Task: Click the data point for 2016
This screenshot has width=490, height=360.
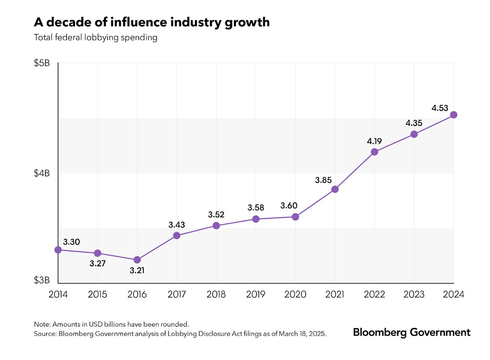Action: (x=137, y=260)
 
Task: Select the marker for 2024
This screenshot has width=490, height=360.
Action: (x=453, y=115)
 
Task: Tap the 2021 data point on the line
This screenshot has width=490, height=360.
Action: (x=335, y=189)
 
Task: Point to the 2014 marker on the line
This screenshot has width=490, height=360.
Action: (x=58, y=250)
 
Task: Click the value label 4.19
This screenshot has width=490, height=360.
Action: (x=374, y=141)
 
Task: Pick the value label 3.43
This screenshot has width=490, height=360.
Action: (x=177, y=225)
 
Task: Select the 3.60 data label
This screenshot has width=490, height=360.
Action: (x=289, y=205)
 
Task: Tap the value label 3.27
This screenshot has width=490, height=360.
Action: (x=98, y=263)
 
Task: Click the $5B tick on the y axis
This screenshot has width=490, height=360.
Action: (x=42, y=63)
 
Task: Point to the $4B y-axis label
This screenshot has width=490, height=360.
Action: (x=42, y=173)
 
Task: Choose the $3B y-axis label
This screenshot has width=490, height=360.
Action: (x=42, y=280)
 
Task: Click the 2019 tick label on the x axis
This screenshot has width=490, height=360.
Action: (x=256, y=294)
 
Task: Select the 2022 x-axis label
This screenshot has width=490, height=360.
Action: (x=374, y=294)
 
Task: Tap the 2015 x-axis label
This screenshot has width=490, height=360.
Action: (x=98, y=294)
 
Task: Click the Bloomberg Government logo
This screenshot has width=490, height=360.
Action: (x=412, y=332)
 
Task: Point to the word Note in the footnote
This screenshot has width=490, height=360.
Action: (x=42, y=324)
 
